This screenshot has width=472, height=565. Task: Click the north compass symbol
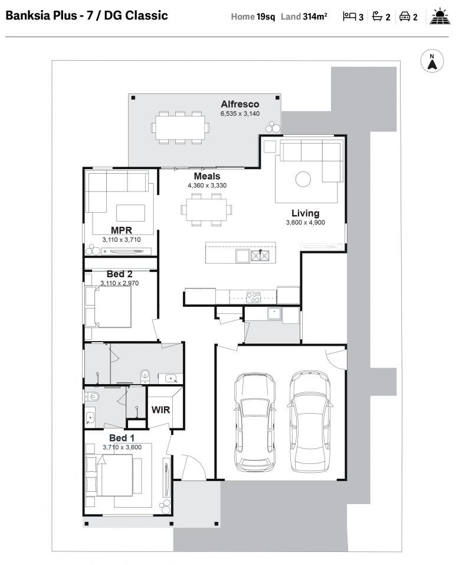[432, 61]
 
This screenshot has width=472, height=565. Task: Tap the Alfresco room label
[240, 104]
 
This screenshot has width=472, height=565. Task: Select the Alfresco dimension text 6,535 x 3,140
[240, 113]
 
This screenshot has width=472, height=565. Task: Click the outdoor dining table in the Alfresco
[181, 126]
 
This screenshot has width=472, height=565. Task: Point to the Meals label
[207, 176]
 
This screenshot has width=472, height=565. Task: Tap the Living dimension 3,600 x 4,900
[305, 223]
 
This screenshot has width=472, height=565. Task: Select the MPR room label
[121, 230]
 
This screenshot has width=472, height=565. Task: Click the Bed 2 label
[119, 274]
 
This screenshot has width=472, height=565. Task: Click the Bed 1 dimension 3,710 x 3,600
[122, 447]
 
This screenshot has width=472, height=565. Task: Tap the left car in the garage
[254, 421]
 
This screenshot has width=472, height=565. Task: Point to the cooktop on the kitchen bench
[253, 297]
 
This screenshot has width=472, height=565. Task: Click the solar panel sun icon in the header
[440, 17]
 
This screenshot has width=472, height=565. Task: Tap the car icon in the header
[405, 17]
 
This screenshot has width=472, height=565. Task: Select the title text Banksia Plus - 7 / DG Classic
[86, 16]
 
